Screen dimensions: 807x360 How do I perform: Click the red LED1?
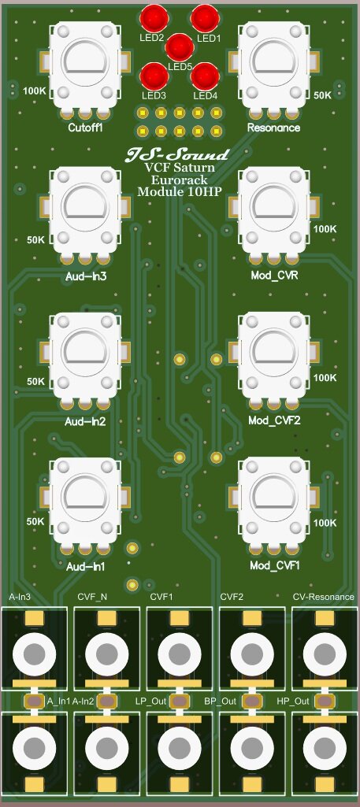(x=205, y=17)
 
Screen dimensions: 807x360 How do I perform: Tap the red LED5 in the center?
(x=179, y=46)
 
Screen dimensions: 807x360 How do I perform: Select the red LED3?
(x=153, y=76)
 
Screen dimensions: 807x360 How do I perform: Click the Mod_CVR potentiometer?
(x=273, y=206)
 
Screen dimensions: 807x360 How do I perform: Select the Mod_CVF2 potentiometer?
(x=273, y=354)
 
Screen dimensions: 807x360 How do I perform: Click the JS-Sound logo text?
(x=178, y=154)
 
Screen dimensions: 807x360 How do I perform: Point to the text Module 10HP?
(x=178, y=191)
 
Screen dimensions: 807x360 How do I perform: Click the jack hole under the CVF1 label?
(x=178, y=653)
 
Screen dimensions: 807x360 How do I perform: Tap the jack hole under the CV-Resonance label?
(x=323, y=653)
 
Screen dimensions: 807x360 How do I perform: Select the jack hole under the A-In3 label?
(x=33, y=653)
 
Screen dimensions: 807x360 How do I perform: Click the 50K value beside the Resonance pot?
(x=323, y=94)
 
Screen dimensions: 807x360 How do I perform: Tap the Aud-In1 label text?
(x=85, y=566)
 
